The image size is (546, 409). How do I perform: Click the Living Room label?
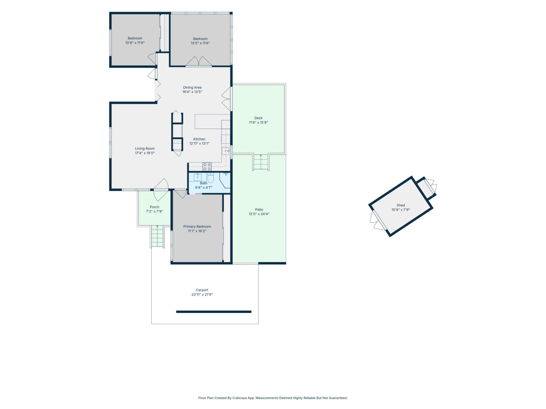pos(145,149)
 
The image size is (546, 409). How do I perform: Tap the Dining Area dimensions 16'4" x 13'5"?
pos(192,92)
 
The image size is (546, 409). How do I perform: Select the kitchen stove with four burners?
pos(207,166)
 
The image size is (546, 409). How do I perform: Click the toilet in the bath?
pos(210,177)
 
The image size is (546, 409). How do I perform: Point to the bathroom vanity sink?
pos(198,177)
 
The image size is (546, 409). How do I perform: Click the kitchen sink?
pos(226,151)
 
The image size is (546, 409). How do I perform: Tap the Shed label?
pos(401,205)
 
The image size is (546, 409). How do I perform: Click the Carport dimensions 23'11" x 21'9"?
pos(202,295)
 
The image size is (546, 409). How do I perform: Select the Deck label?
pos(258,118)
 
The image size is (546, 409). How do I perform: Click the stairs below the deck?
pos(261,162)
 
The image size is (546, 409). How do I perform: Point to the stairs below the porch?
pos(157,236)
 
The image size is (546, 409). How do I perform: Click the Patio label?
pos(259,210)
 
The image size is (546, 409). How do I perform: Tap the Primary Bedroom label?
pos(197,227)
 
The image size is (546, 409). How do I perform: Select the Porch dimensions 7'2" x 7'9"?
pos(154,212)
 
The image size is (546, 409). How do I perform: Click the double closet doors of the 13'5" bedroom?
pos(198,62)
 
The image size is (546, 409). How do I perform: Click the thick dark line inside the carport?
pos(214,312)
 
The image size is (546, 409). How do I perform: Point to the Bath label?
pos(204,183)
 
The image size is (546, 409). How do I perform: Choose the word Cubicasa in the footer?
pos(239,398)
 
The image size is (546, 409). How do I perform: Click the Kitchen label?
pos(199,139)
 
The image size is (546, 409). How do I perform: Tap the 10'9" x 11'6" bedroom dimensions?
pos(135,43)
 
